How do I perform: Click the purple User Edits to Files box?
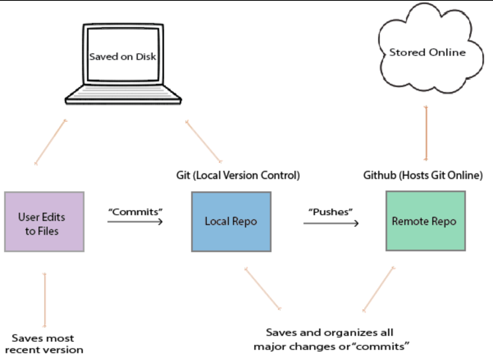pyautogui.click(x=44, y=221)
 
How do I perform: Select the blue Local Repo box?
pyautogui.click(x=231, y=221)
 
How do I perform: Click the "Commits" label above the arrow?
pyautogui.click(x=135, y=212)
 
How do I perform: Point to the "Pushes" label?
pyautogui.click(x=331, y=212)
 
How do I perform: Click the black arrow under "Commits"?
pyautogui.click(x=135, y=221)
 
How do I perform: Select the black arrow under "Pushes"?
pyautogui.click(x=331, y=223)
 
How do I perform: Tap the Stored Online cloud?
pyautogui.click(x=427, y=53)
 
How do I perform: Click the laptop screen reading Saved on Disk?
pyautogui.click(x=123, y=56)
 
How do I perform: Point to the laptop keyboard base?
pyautogui.click(x=123, y=95)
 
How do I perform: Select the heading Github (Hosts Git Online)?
pyautogui.click(x=423, y=176)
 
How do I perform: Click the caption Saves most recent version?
pyautogui.click(x=44, y=344)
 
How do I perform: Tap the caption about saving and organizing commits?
pyautogui.click(x=331, y=339)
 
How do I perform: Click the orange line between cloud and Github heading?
pyautogui.click(x=427, y=133)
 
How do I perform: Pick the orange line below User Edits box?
pyautogui.click(x=45, y=300)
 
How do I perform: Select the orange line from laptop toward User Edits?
pyautogui.click(x=50, y=142)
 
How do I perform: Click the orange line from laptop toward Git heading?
pyautogui.click(x=203, y=141)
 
